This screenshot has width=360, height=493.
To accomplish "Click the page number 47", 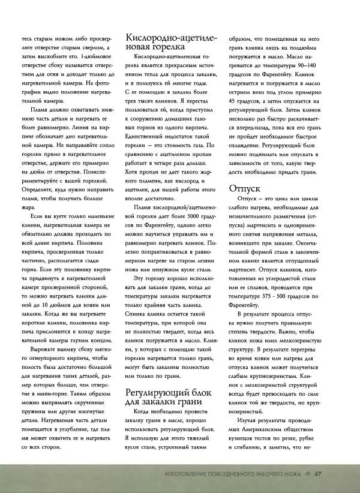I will tap(320, 476).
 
